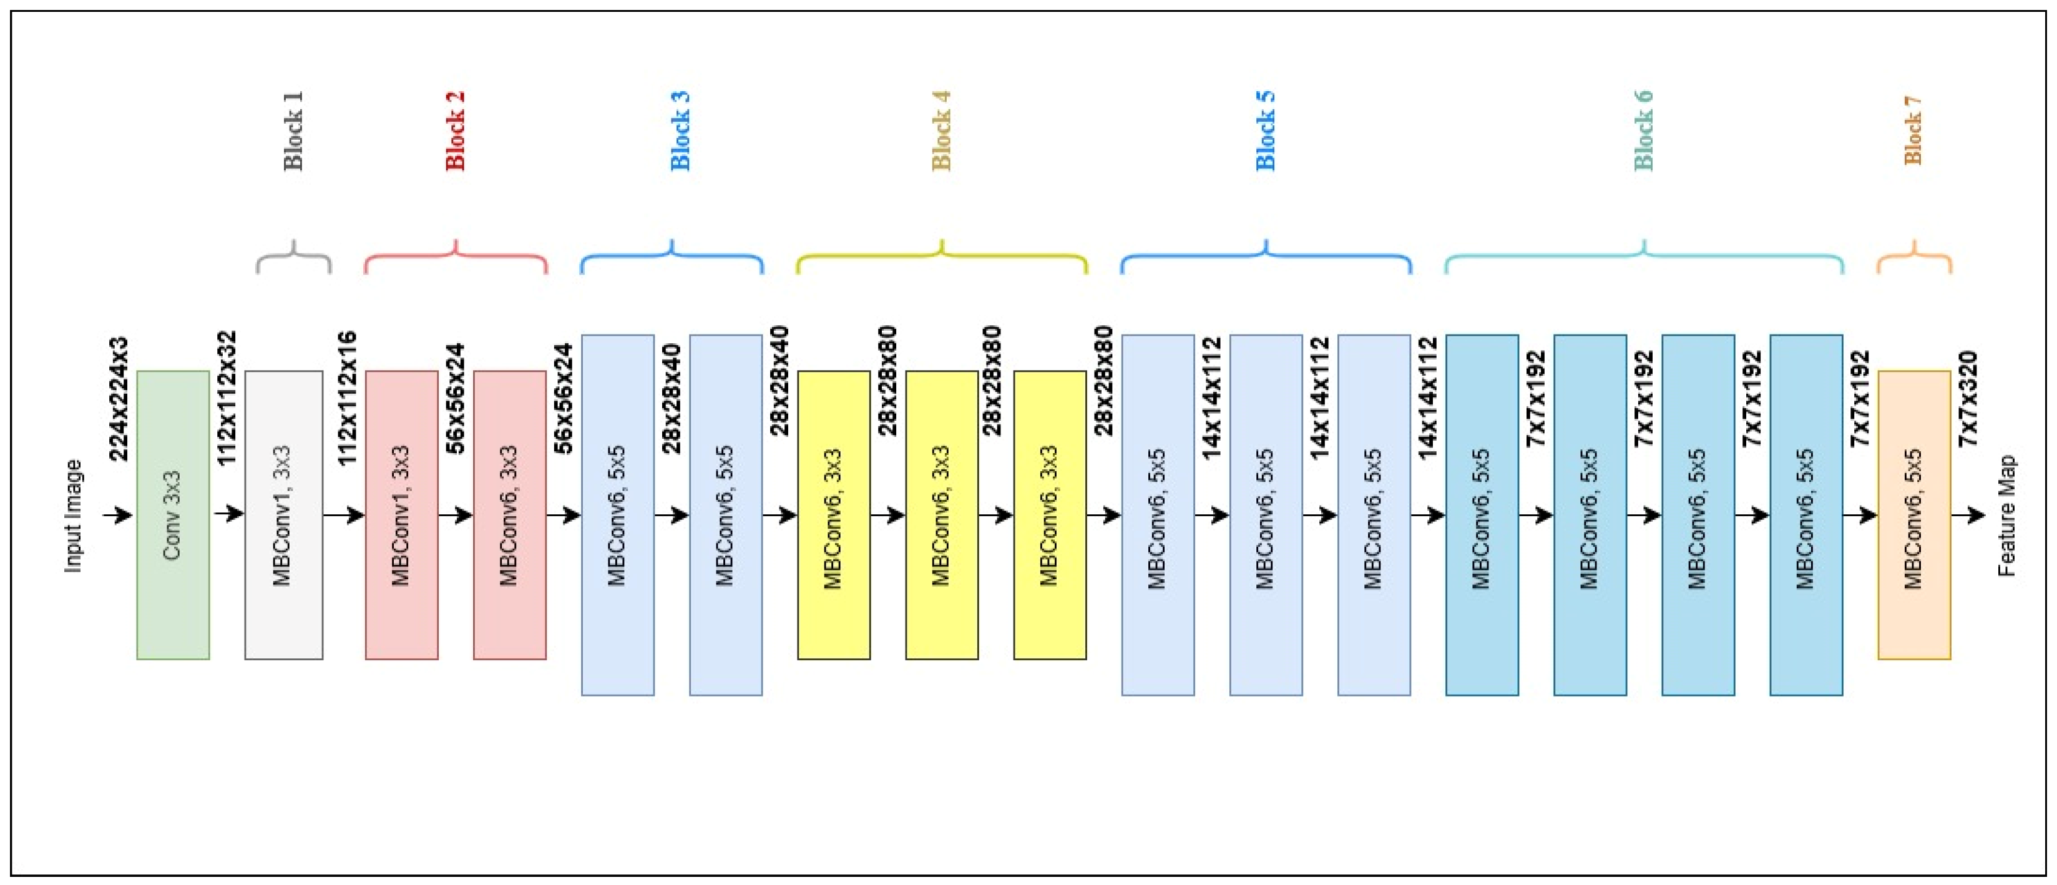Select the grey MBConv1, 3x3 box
click(283, 514)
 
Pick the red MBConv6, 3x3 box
click(509, 514)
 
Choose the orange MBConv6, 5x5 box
click(1913, 514)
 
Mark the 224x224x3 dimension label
click(118, 399)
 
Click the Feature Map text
click(2006, 515)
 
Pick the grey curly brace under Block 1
click(293, 258)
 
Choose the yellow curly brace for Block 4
click(942, 258)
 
